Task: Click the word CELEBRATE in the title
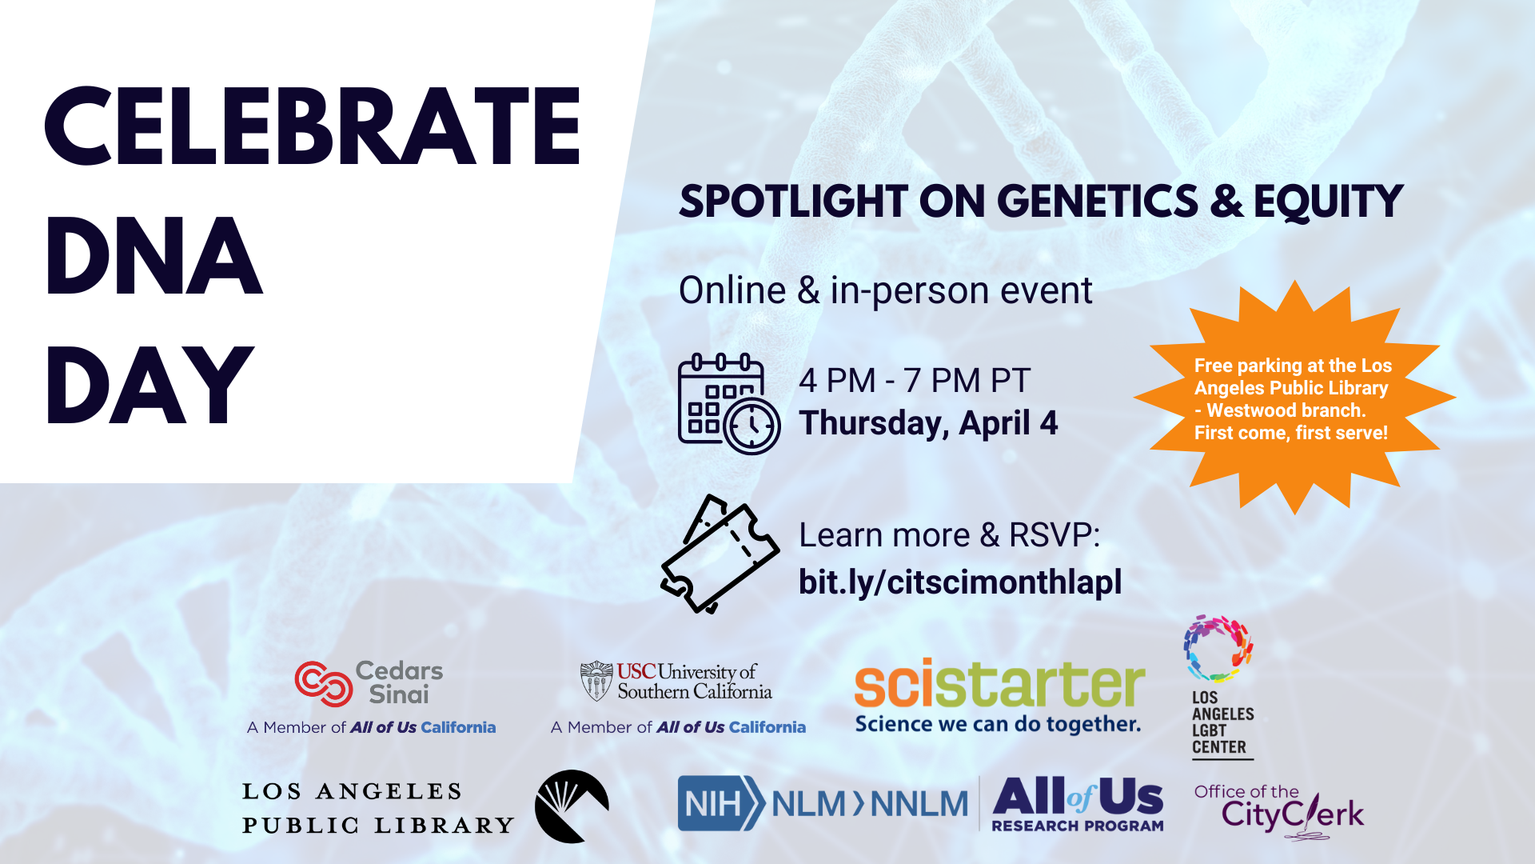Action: (x=313, y=126)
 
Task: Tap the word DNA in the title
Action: (x=154, y=256)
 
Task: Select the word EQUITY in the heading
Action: (x=1328, y=201)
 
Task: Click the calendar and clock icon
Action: (x=728, y=404)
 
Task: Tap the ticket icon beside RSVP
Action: (x=720, y=554)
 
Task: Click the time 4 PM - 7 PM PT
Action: (x=915, y=381)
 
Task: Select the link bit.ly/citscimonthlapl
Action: (x=960, y=582)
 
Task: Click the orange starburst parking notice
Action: (x=1294, y=398)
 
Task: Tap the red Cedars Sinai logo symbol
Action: (x=324, y=684)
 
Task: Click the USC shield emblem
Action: (x=596, y=681)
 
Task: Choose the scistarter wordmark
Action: (x=999, y=685)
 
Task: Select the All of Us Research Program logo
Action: (x=1078, y=804)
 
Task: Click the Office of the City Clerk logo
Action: (x=1279, y=811)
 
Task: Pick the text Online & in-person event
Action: (x=885, y=290)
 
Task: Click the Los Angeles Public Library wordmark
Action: (x=378, y=808)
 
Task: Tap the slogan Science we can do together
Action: (x=998, y=725)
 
